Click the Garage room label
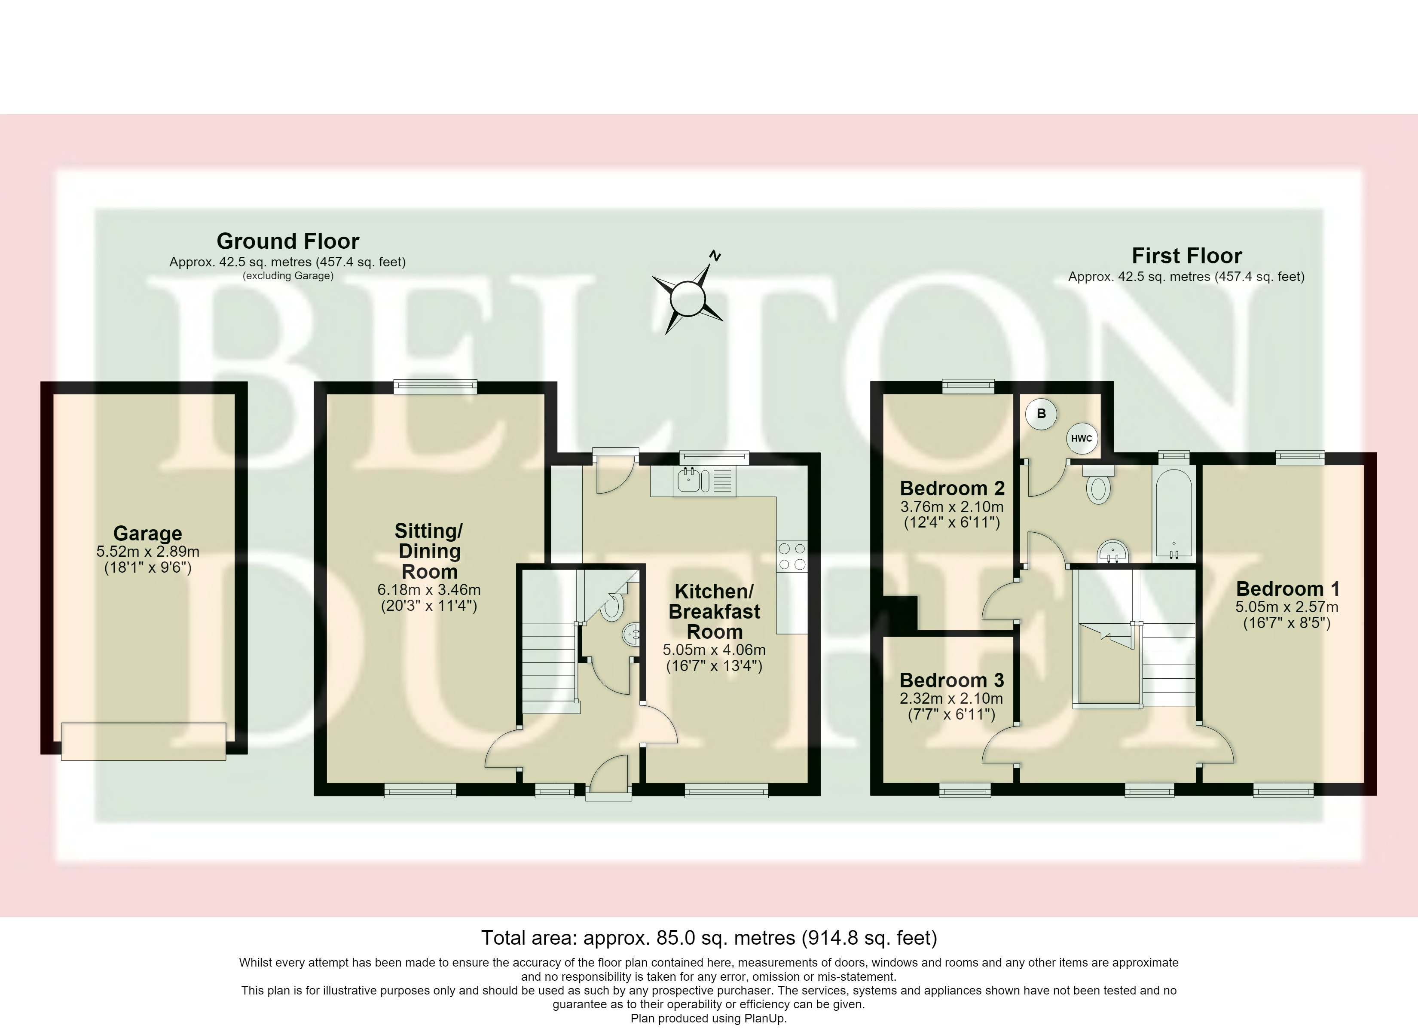147,533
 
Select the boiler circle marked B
1041,413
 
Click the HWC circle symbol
1081,438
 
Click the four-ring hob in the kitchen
792,556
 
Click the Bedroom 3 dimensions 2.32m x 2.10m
952,699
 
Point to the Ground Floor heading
287,241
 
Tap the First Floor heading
1187,255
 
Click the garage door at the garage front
144,741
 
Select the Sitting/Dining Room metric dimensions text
429,589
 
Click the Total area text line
709,937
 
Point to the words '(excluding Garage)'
287,276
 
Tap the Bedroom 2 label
952,488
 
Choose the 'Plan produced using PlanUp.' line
709,1018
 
